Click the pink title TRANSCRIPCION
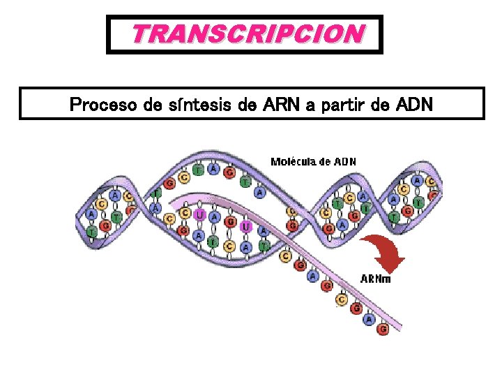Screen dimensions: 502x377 pyautogui.click(x=248, y=34)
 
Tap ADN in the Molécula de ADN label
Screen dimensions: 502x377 pyautogui.click(x=345, y=162)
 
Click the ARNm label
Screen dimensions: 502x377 pyautogui.click(x=375, y=279)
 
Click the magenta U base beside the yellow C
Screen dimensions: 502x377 pyautogui.click(x=200, y=215)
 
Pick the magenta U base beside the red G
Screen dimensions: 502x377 pyautogui.click(x=245, y=226)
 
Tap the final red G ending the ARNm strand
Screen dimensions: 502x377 pyautogui.click(x=382, y=329)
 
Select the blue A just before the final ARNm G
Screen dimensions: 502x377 pyautogui.click(x=368, y=319)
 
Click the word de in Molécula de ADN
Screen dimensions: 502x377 pyautogui.click(x=325, y=162)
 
